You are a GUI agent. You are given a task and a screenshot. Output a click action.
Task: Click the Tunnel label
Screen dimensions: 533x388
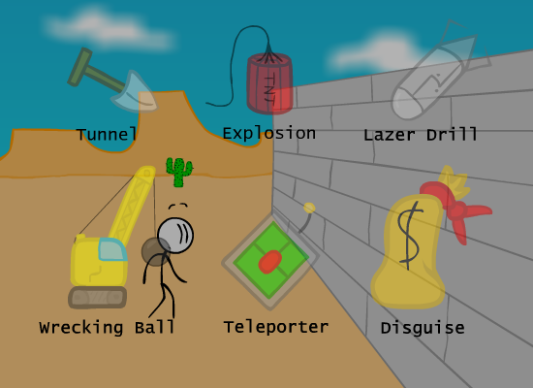[107, 135]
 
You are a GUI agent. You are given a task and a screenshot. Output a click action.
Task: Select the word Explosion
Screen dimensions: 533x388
[269, 133]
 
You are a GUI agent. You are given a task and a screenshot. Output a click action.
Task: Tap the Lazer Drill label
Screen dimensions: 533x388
[421, 135]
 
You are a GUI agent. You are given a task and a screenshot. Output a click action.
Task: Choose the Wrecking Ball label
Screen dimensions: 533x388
[107, 328]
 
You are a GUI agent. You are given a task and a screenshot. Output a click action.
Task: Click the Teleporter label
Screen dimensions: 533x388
[276, 328]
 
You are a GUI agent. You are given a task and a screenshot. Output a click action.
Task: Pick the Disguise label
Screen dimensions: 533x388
[423, 328]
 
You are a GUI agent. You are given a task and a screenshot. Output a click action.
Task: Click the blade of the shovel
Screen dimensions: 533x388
[135, 92]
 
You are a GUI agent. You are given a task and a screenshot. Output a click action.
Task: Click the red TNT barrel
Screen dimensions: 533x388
[269, 83]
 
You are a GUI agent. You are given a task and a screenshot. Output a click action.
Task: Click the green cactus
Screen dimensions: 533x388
[179, 173]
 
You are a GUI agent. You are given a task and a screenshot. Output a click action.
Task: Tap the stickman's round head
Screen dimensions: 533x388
[175, 236]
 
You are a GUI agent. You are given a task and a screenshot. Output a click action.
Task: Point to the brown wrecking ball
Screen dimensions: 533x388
[155, 252]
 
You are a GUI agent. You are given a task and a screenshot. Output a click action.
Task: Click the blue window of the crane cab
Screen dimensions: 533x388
[112, 250]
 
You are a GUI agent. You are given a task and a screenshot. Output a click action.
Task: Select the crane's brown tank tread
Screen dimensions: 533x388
[98, 298]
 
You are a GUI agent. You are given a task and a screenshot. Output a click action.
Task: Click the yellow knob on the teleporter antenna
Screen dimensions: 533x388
[309, 208]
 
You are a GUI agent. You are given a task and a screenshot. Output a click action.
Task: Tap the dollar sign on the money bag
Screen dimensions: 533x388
[410, 235]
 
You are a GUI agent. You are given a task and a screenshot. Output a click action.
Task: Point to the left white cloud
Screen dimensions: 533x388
[109, 29]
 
